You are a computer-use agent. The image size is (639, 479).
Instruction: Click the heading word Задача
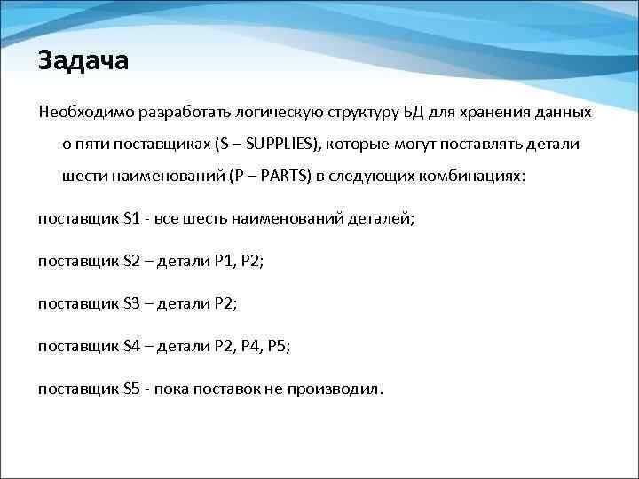(83, 61)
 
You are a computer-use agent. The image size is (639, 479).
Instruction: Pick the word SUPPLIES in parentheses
(283, 145)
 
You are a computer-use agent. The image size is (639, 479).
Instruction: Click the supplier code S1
(132, 217)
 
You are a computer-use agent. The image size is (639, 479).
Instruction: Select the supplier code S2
(132, 260)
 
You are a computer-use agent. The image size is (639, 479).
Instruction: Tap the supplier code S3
(132, 303)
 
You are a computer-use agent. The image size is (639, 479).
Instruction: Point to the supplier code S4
(132, 346)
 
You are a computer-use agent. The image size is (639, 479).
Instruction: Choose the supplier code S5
(132, 389)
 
